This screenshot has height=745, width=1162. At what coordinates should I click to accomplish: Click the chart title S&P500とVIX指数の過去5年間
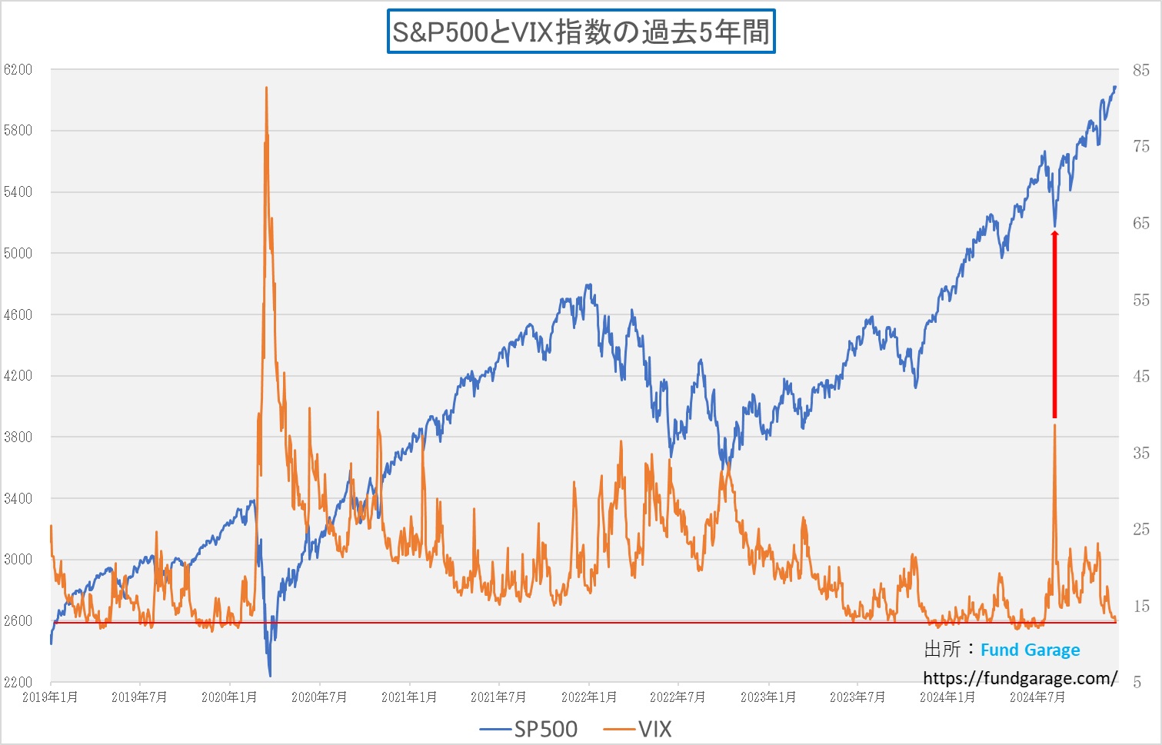[581, 32]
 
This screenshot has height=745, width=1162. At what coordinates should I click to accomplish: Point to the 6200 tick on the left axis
[18, 70]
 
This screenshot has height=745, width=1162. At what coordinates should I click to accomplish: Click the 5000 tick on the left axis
[18, 253]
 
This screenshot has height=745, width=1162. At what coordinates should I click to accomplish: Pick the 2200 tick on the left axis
[18, 682]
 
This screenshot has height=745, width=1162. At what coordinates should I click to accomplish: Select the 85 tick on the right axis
[1140, 71]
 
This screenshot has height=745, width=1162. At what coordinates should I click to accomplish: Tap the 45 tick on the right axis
[1140, 377]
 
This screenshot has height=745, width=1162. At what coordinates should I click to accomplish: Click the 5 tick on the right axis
[1137, 683]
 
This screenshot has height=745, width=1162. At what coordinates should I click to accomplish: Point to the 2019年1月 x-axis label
[50, 697]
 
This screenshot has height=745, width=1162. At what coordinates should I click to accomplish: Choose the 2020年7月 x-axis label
[319, 697]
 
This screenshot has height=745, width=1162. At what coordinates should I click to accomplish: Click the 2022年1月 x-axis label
[588, 697]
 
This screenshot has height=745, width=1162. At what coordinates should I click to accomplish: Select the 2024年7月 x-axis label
[1037, 697]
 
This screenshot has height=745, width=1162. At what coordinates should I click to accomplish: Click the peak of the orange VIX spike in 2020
[266, 88]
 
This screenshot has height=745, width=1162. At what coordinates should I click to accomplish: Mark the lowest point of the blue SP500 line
[270, 676]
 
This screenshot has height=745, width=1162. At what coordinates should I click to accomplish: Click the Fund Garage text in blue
[1030, 650]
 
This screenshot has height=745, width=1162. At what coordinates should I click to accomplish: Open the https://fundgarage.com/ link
[1020, 678]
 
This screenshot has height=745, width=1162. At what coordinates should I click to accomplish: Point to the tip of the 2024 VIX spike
[1054, 425]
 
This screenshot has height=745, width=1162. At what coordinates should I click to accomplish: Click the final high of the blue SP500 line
[1115, 87]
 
